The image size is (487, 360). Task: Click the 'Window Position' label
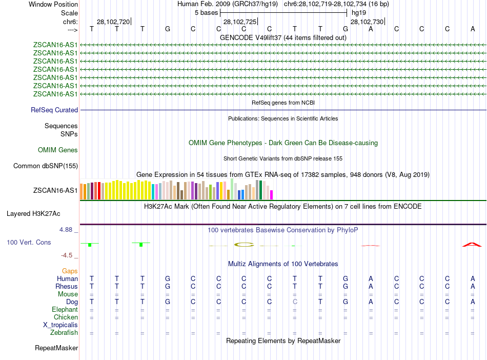(53, 4)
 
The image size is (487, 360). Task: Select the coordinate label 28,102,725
(240, 22)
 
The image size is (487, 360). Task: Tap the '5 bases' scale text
(206, 12)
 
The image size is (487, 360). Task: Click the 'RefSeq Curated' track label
(54, 110)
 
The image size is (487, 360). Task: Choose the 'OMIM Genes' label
(58, 150)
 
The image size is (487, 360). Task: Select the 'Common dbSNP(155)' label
(46, 166)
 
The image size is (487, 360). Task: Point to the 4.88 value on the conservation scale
(67, 230)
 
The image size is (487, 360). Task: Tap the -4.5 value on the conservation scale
(67, 255)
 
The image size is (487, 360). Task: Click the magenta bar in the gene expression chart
(272, 195)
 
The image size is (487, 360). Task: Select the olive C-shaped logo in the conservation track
(244, 244)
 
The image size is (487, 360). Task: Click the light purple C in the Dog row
(295, 302)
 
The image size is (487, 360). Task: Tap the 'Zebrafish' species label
(64, 333)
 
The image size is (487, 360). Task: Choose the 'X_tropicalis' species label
(60, 325)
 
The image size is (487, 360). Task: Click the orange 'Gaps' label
(70, 271)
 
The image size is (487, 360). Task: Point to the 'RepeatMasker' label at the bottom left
(56, 348)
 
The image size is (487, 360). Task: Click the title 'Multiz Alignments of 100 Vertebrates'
(283, 264)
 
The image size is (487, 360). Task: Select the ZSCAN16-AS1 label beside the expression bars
(55, 191)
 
